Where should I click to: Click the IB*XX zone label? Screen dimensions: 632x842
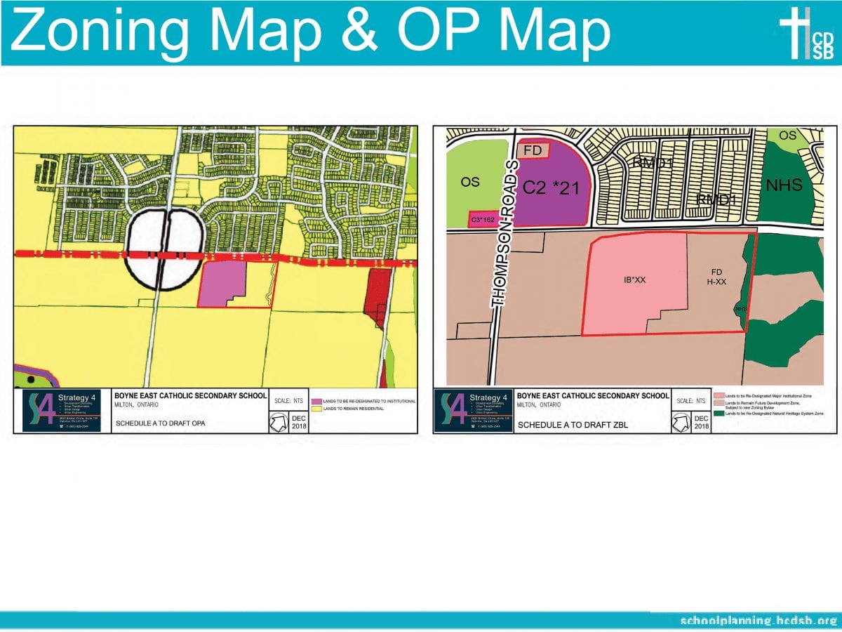click(x=634, y=279)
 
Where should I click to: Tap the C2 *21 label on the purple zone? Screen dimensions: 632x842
click(x=551, y=187)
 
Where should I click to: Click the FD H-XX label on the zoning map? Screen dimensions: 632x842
click(x=716, y=277)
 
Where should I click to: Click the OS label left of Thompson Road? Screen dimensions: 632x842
click(x=469, y=182)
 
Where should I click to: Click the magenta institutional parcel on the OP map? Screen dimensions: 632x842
click(x=222, y=282)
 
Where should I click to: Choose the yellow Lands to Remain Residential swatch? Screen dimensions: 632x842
click(x=316, y=408)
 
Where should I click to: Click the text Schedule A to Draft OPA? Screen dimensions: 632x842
click(x=160, y=423)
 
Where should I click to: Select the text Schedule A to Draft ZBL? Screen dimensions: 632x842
click(x=562, y=424)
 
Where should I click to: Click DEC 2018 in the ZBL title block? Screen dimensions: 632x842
click(x=702, y=422)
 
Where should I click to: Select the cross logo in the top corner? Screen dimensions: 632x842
click(x=797, y=32)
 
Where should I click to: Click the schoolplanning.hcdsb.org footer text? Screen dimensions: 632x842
click(x=759, y=621)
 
